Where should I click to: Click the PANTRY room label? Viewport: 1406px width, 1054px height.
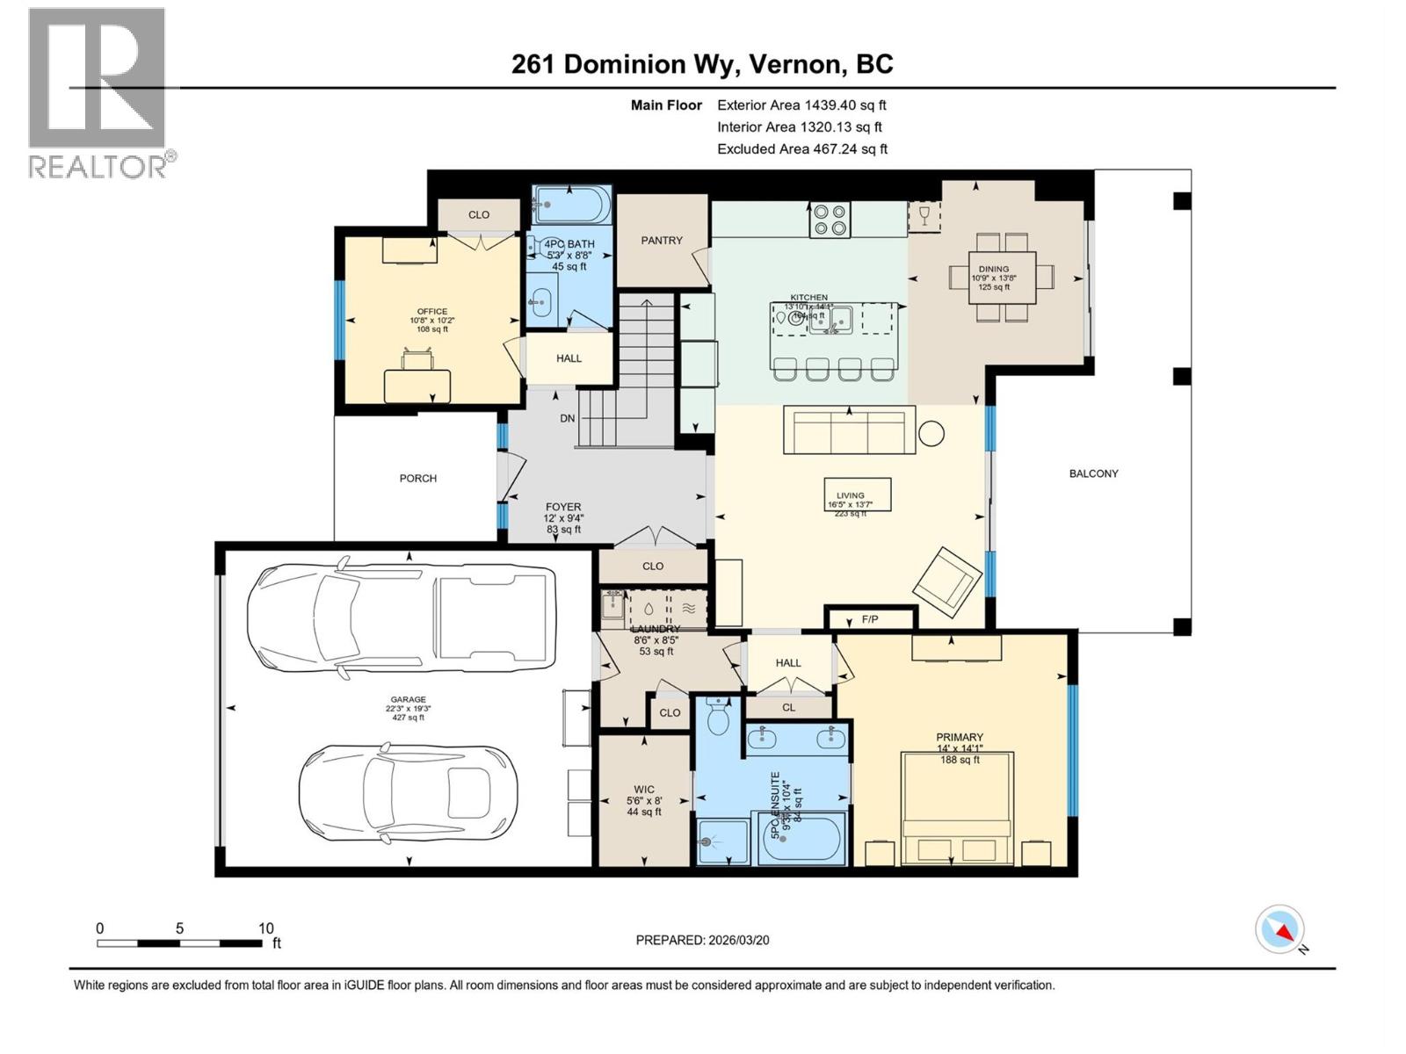661,240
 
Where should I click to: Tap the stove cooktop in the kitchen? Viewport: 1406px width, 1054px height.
830,220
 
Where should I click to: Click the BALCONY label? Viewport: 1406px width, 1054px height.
1093,473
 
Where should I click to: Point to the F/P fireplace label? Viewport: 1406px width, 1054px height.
870,619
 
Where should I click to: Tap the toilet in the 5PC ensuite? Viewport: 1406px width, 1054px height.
719,718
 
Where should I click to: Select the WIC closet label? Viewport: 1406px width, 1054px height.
643,790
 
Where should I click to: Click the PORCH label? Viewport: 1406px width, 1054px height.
417,479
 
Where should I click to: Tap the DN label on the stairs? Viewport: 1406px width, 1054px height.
567,418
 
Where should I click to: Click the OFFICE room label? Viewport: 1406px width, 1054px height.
431,312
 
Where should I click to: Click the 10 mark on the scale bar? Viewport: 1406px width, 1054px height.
266,928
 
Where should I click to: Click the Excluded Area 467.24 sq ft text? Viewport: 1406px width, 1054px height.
801,148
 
